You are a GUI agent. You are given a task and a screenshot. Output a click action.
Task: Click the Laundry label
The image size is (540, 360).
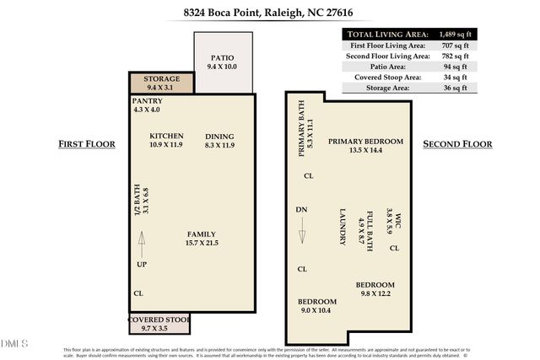pos(343,227)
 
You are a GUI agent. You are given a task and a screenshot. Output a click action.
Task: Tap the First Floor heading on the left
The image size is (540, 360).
pos(85,144)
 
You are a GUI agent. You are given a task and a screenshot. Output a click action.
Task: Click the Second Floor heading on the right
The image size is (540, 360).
pos(456,144)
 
